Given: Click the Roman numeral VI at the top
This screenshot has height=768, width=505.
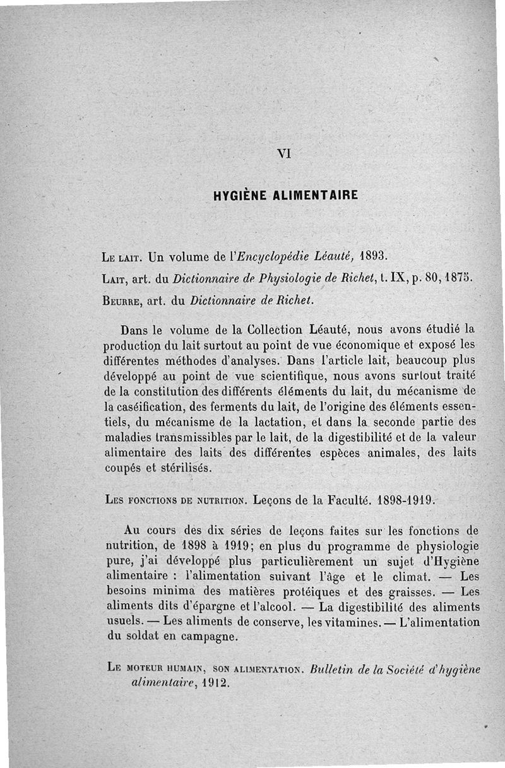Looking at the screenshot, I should pos(283,152).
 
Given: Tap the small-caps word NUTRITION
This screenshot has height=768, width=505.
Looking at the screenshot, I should pos(213,502).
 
